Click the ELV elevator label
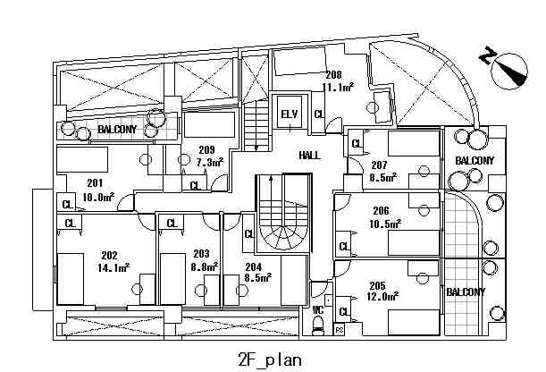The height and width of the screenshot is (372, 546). click(290, 114)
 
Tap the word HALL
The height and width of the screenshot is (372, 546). click(309, 155)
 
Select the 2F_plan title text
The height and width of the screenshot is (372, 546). click(270, 360)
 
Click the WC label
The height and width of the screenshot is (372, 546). click(317, 309)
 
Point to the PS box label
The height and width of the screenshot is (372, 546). click(340, 329)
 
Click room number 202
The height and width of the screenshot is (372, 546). click(109, 256)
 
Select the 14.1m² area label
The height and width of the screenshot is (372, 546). click(113, 267)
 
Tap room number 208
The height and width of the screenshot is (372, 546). click(334, 74)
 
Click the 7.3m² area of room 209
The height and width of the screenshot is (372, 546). click(210, 162)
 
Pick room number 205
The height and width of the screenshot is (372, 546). click(377, 285)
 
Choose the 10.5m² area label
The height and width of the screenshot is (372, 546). click(385, 224)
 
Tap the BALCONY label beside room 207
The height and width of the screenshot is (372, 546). click(475, 161)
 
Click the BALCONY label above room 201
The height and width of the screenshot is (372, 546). click(117, 130)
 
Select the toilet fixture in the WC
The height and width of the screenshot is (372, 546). click(318, 326)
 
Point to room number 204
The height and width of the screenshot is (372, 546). click(254, 266)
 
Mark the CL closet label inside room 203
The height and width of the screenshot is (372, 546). click(172, 223)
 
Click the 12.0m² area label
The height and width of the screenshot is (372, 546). click(382, 296)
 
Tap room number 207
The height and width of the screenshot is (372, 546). click(379, 165)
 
